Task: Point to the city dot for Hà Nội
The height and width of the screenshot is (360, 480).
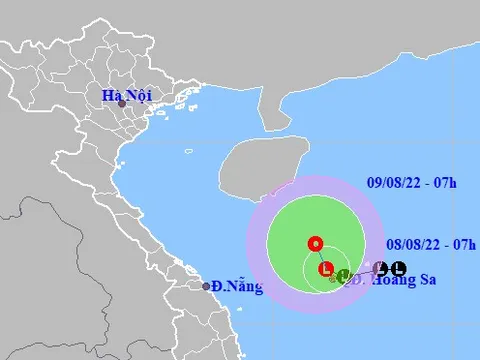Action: (122, 104)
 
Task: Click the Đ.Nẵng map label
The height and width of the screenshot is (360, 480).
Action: (237, 288)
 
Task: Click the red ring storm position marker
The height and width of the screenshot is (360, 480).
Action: (315, 243)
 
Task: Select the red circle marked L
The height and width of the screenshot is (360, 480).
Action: (325, 268)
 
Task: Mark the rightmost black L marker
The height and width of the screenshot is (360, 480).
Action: (399, 268)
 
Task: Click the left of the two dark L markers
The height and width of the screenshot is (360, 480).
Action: (381, 268)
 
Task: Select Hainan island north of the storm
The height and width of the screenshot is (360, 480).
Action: (256, 165)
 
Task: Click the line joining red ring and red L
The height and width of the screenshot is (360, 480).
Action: (320, 255)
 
